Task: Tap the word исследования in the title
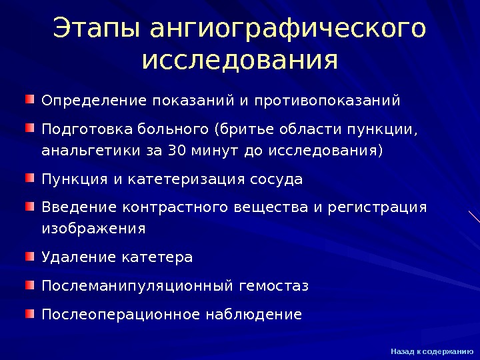[240, 61]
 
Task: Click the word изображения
[93, 229]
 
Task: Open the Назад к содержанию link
[432, 351]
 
